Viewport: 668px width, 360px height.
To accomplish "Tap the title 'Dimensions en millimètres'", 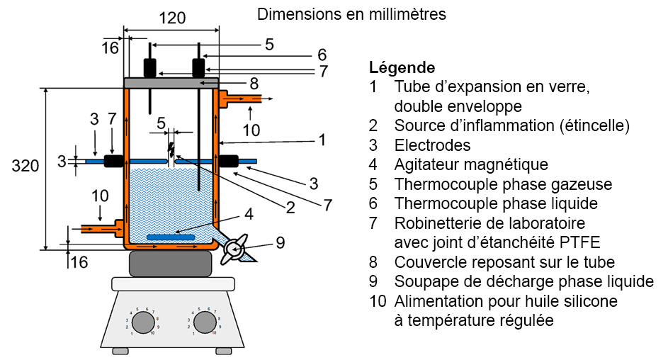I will pos(351,13).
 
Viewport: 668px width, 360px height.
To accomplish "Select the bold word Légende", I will pos(402,68).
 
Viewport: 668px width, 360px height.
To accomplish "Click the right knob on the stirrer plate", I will pos(205,322).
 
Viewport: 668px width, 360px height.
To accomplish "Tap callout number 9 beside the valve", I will pos(280,242).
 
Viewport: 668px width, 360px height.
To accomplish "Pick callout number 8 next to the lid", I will pos(254,83).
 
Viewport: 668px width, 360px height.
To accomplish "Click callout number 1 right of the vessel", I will pos(322,140).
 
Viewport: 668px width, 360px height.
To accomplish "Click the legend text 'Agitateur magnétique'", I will pos(471,165).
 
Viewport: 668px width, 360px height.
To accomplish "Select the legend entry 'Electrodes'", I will pos(433,146).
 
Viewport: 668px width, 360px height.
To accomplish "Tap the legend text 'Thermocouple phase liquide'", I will pos(496,204).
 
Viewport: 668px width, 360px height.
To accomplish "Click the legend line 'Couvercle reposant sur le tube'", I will pos(504,262).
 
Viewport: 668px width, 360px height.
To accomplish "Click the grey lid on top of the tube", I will pos(171,83).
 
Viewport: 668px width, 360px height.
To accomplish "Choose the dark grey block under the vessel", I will pos(171,264).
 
